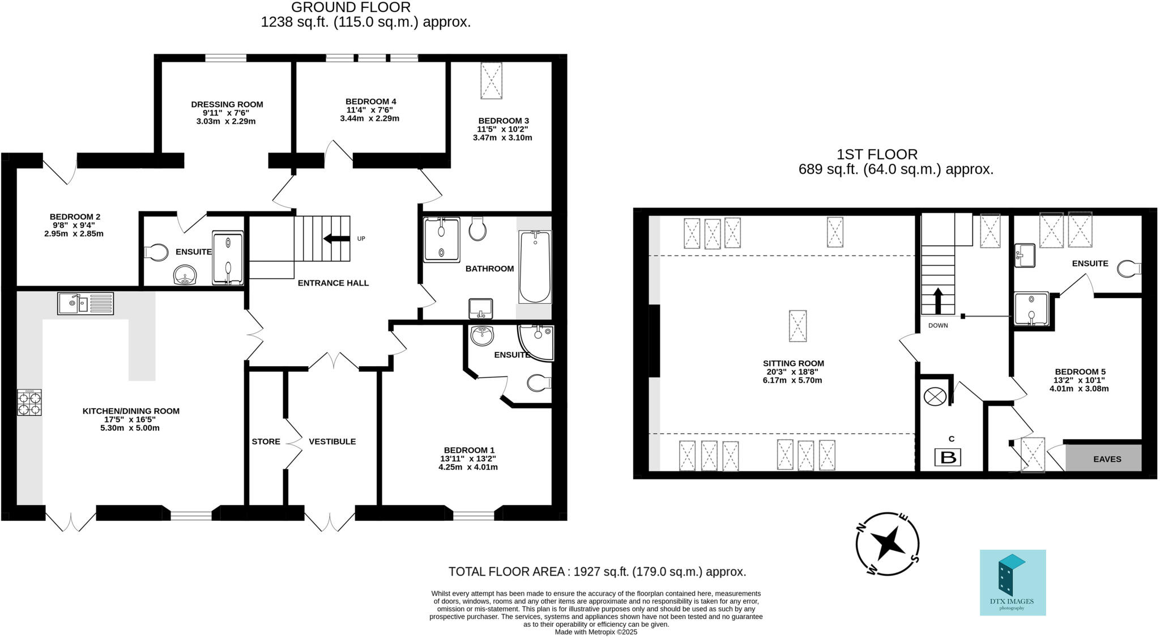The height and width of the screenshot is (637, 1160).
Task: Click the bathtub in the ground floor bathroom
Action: [x=535, y=267]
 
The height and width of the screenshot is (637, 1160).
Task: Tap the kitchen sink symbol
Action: [x=86, y=303]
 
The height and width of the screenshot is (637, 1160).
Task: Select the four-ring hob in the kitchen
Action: [x=29, y=403]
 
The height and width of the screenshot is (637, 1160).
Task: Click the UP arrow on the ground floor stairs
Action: [x=336, y=239]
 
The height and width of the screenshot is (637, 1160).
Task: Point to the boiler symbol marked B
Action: [x=948, y=457]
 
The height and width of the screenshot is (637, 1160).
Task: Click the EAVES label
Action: [x=1107, y=459]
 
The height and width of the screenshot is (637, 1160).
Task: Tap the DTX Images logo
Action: [x=1013, y=582]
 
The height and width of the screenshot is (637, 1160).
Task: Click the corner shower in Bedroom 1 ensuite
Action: [x=537, y=342]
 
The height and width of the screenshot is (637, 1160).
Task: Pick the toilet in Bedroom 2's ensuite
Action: [x=156, y=252]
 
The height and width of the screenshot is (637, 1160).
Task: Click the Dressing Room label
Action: [x=227, y=104]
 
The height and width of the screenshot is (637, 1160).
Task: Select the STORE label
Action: [x=266, y=441]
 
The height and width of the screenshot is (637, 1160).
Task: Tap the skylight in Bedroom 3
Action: [x=491, y=80]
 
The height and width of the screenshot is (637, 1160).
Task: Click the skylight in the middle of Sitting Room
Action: [x=797, y=326]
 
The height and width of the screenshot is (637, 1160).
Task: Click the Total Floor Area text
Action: [x=597, y=571]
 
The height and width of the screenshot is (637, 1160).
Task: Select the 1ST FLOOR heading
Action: [x=877, y=154]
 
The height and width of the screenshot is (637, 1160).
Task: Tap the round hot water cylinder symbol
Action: [x=935, y=396]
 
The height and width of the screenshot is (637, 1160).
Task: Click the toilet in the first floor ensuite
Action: [x=1129, y=269]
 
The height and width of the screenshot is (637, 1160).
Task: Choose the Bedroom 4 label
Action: [x=370, y=101]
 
